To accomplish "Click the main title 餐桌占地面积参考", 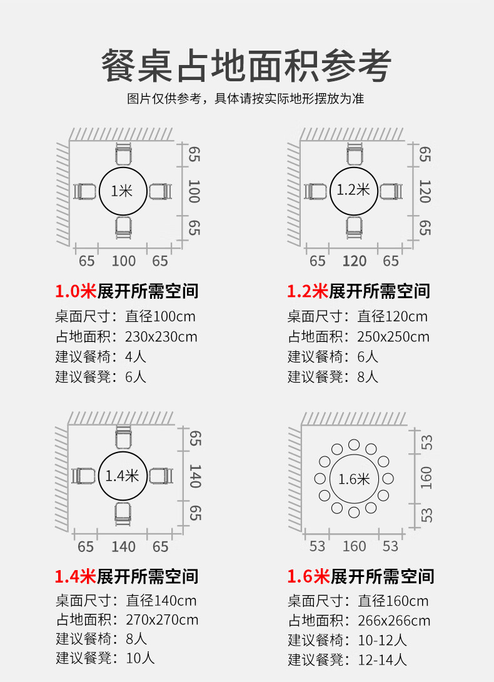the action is click(x=246, y=66).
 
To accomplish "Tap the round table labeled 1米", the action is click(x=123, y=168).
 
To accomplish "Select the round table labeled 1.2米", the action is click(x=353, y=168).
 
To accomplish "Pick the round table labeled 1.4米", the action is click(x=123, y=453).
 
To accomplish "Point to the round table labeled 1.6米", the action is click(x=354, y=455).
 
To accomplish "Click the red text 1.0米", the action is click(x=75, y=291).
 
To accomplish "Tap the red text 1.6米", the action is click(x=308, y=576).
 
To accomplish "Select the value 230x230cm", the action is click(x=161, y=337).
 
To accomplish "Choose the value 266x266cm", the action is click(x=394, y=621).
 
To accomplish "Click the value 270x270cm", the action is click(x=162, y=619).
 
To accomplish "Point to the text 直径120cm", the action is click(x=392, y=316).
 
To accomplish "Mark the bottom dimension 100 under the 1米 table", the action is click(x=124, y=261).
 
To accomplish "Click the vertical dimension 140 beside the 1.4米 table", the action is click(x=195, y=476).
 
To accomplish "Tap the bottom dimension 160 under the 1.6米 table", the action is click(x=355, y=546).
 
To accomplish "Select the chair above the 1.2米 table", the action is click(x=355, y=154).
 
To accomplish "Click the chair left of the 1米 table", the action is click(x=85, y=191).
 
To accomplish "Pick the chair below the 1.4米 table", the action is click(x=123, y=514).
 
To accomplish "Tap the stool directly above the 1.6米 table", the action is click(x=354, y=444).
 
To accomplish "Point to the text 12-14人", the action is click(x=382, y=660).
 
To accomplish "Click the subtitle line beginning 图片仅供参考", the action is click(x=246, y=99).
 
